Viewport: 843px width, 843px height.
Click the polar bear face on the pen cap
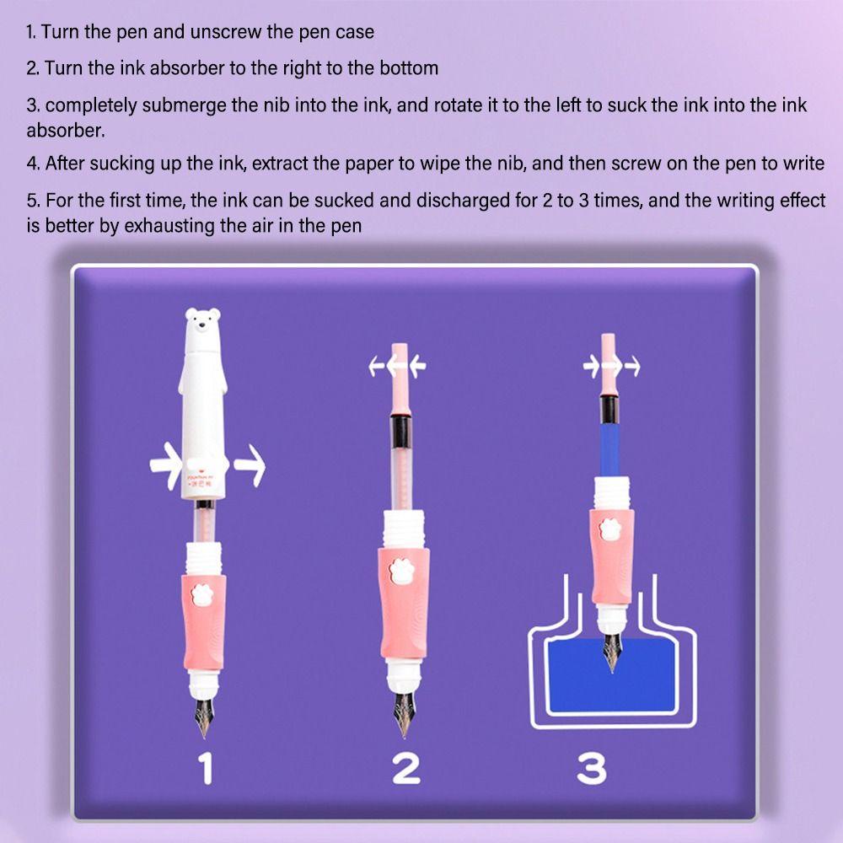click(202, 321)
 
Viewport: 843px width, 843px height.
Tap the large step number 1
click(207, 768)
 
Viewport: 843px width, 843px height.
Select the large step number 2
click(406, 768)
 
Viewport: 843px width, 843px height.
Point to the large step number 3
click(592, 768)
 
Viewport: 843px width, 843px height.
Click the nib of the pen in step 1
click(204, 717)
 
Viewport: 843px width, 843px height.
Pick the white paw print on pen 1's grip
click(202, 594)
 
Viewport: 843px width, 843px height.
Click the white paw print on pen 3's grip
click(609, 529)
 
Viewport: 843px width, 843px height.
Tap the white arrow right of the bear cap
click(250, 465)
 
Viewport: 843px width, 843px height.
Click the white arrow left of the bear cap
click(166, 465)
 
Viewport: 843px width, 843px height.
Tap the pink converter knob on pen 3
click(609, 363)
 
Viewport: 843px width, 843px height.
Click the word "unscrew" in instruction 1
click(226, 32)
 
